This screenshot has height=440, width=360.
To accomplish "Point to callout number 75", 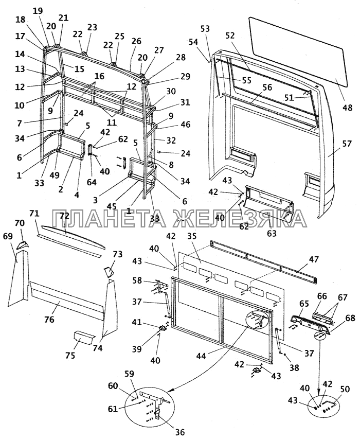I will pyautogui.click(x=70, y=355).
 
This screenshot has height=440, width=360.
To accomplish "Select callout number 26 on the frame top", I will pyautogui.click(x=136, y=41).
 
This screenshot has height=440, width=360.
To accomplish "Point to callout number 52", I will pyautogui.click(x=230, y=35).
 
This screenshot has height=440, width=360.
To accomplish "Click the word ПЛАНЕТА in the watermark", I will pyautogui.click(x=114, y=219).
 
